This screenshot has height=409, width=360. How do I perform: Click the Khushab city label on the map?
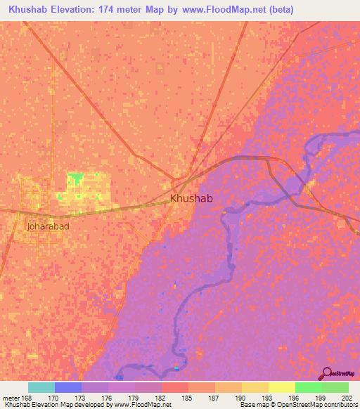click(191, 199)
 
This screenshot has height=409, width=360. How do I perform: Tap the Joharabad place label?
click(47, 226)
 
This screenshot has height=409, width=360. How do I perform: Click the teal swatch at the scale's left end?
click(41, 387)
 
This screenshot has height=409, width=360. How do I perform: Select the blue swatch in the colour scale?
click(68, 387)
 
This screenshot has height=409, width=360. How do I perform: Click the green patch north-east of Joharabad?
click(75, 176)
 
